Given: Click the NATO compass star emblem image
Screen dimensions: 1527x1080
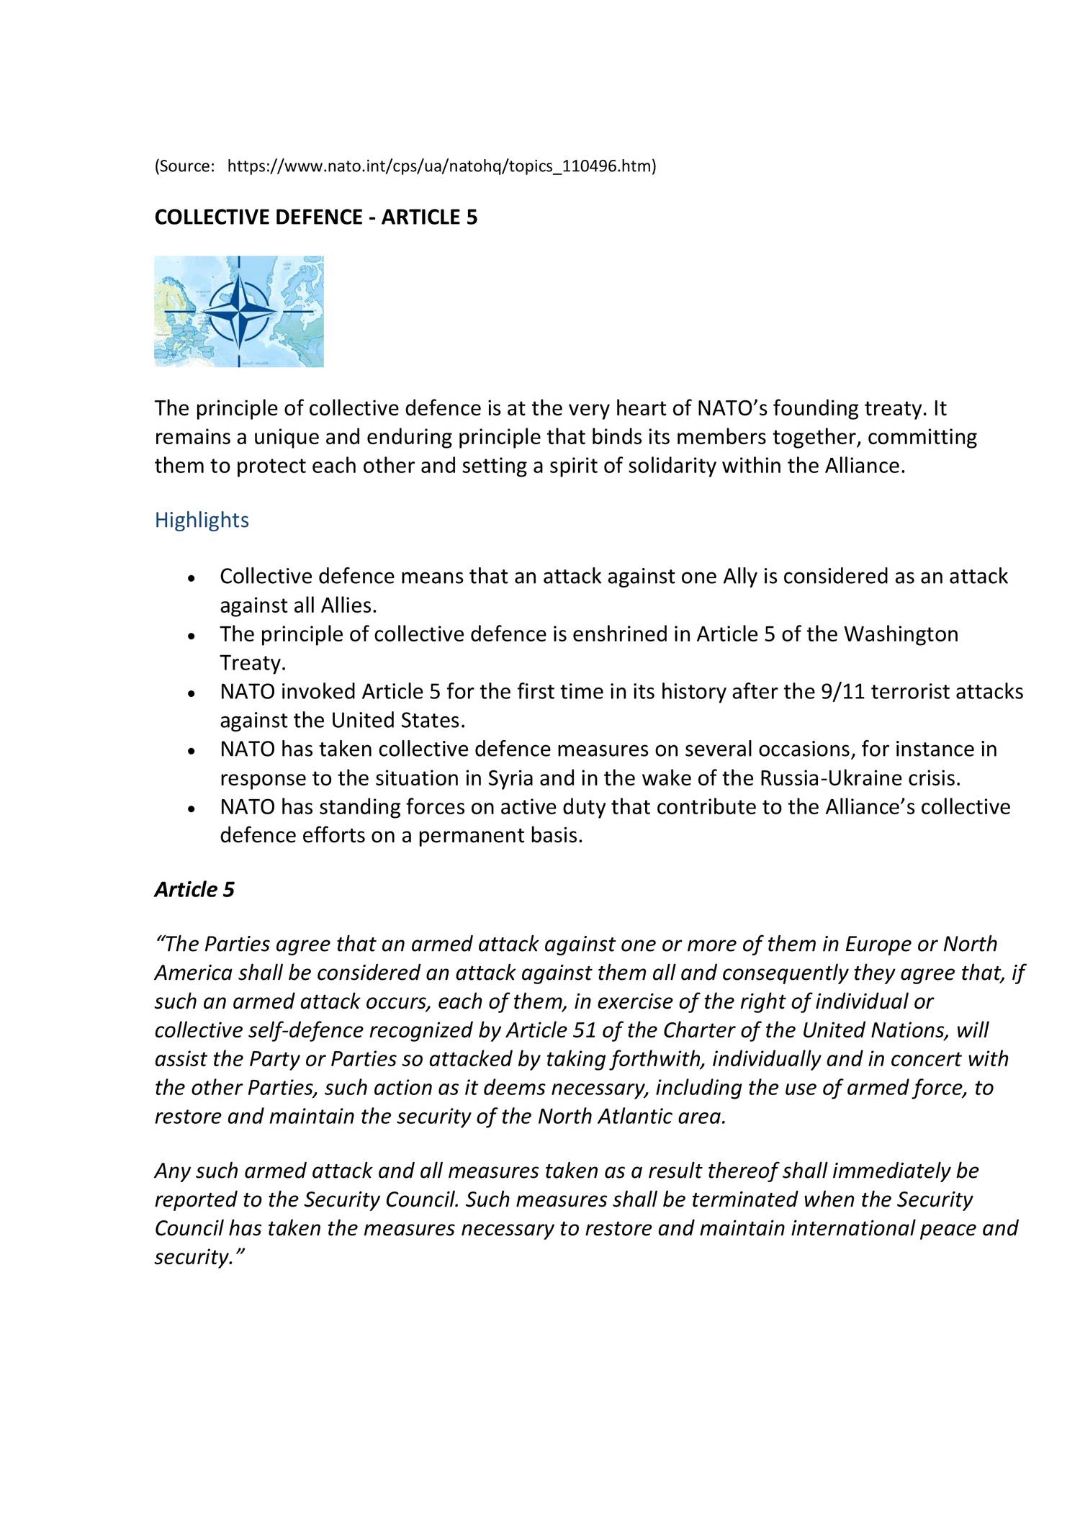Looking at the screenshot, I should coord(238,311).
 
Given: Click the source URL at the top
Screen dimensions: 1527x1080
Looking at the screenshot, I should coord(441,167).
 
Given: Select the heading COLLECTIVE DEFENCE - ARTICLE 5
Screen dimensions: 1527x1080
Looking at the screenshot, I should coord(315,217).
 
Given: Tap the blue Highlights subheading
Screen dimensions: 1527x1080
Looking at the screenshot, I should coord(202,520).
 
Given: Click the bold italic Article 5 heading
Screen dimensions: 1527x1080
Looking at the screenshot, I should coord(194,890).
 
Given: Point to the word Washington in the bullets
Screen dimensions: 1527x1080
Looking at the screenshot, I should coord(901,634).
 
